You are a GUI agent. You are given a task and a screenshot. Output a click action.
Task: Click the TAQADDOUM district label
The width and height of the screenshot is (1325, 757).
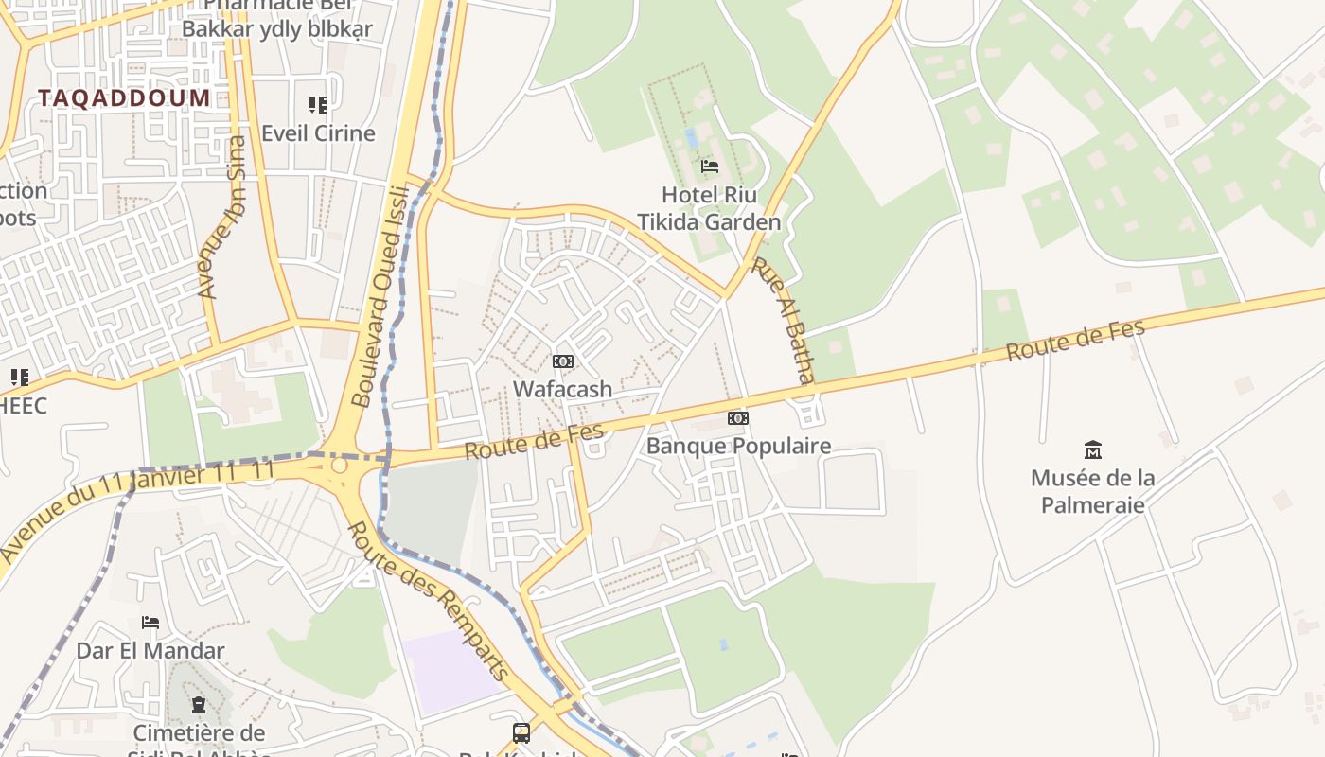tap(124, 97)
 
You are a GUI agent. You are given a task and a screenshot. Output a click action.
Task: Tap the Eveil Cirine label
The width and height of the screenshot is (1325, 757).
tap(318, 132)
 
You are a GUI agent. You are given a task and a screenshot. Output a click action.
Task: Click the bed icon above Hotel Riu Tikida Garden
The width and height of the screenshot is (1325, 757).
tap(709, 167)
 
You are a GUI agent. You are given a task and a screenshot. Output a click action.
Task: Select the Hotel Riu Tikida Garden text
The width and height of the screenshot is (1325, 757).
tap(709, 208)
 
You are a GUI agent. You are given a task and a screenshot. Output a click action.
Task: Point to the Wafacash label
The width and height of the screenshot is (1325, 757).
tap(562, 389)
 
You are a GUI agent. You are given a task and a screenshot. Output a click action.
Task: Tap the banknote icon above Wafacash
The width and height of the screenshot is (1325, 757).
tap(562, 361)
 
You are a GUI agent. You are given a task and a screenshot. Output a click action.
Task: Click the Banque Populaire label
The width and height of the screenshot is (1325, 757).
tap(738, 446)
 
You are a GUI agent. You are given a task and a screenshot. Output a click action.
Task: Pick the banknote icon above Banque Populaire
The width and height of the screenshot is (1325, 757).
tap(737, 418)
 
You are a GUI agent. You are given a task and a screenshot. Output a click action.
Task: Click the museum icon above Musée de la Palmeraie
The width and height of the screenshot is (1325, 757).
tap(1093, 449)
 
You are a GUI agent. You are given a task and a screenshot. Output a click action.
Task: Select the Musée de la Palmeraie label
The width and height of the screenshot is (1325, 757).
tap(1093, 490)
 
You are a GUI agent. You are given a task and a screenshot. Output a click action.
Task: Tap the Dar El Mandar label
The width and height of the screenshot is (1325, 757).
tap(150, 650)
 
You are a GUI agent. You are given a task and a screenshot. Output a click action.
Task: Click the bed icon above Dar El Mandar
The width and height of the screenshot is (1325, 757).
tap(150, 623)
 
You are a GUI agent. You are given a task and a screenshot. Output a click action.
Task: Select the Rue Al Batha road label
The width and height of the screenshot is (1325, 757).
tap(783, 319)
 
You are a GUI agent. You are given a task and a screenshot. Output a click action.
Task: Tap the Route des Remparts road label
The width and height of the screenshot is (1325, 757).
tap(429, 601)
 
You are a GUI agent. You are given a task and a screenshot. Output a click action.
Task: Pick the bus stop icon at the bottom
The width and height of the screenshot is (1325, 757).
tap(521, 732)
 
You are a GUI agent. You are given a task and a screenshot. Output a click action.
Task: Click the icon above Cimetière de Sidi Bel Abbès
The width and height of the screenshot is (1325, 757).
tap(198, 705)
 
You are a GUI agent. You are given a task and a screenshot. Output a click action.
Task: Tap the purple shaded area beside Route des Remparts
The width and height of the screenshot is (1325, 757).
tap(452, 670)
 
